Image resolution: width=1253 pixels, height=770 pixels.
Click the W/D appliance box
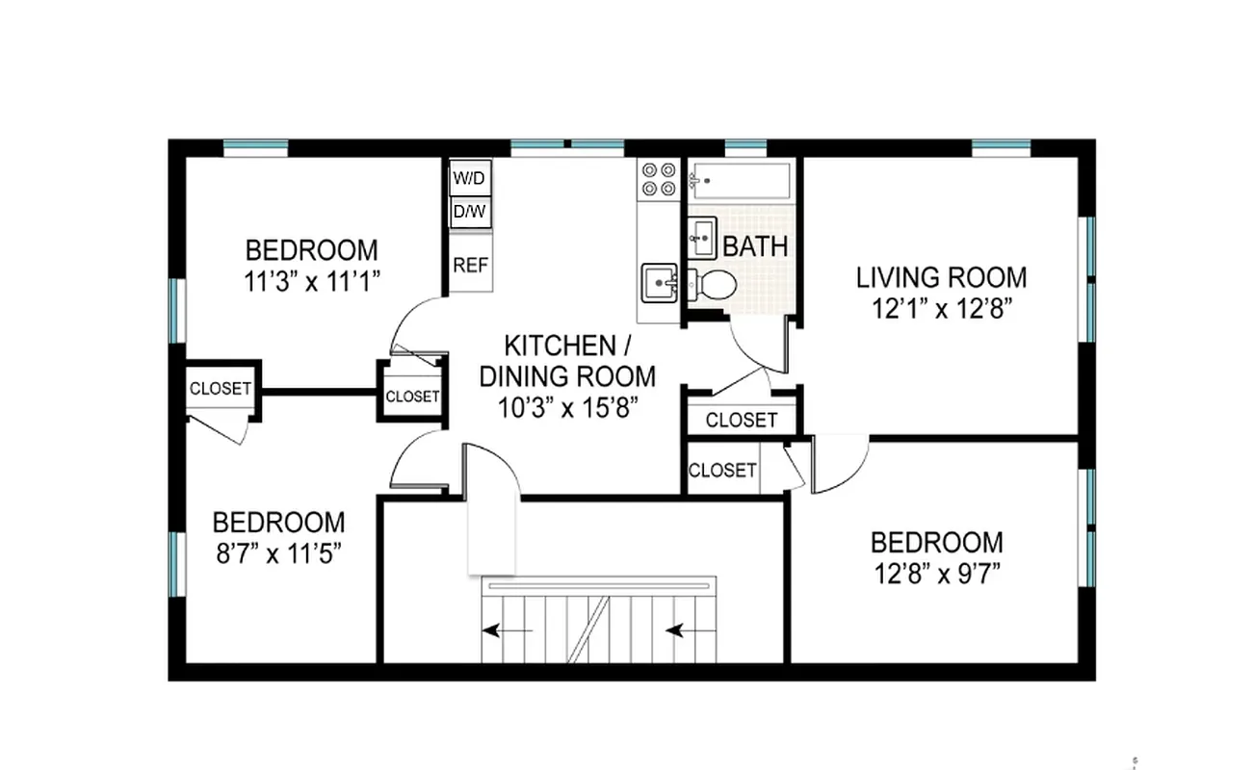pyautogui.click(x=470, y=178)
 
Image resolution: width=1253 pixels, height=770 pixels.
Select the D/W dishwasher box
pyautogui.click(x=470, y=212)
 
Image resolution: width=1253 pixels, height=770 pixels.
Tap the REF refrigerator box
pyautogui.click(x=470, y=265)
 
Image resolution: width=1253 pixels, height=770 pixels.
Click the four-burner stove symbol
pyautogui.click(x=659, y=180)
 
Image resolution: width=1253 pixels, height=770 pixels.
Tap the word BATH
pyautogui.click(x=755, y=246)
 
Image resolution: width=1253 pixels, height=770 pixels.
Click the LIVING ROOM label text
pyautogui.click(x=941, y=278)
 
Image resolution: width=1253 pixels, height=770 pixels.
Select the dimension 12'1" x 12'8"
pyautogui.click(x=941, y=309)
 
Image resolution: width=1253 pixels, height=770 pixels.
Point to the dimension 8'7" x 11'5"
pyautogui.click(x=278, y=553)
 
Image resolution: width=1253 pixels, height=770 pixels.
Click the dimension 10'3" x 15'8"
pyautogui.click(x=567, y=406)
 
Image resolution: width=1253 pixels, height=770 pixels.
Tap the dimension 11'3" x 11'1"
pyautogui.click(x=312, y=282)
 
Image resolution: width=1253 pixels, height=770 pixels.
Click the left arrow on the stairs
pyautogui.click(x=507, y=631)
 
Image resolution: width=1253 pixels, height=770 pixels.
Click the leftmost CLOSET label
pyautogui.click(x=221, y=390)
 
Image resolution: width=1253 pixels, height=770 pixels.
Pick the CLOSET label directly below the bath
pyautogui.click(x=741, y=421)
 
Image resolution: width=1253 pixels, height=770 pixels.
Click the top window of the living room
pyautogui.click(x=1001, y=147)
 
